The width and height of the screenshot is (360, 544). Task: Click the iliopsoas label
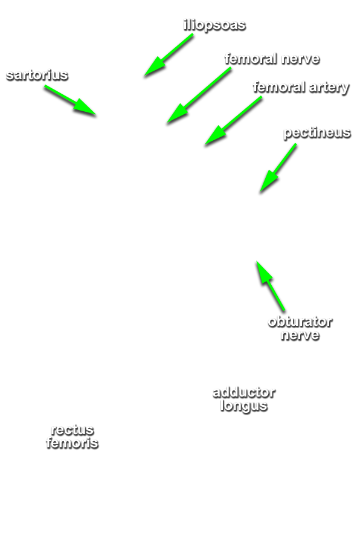(214, 25)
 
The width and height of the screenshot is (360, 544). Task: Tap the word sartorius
(37, 75)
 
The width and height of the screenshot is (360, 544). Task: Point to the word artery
(329, 88)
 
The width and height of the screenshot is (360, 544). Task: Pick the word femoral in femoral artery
(280, 87)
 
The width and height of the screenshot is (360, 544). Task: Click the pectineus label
(317, 132)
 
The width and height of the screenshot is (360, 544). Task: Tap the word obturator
(300, 322)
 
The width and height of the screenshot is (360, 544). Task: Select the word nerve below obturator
(300, 335)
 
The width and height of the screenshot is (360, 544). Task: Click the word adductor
(244, 392)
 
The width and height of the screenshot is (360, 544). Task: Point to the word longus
(244, 406)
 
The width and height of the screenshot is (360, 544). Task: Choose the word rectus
(72, 430)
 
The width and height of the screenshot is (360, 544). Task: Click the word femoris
(72, 443)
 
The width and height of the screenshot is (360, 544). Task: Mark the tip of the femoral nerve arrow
(167, 123)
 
